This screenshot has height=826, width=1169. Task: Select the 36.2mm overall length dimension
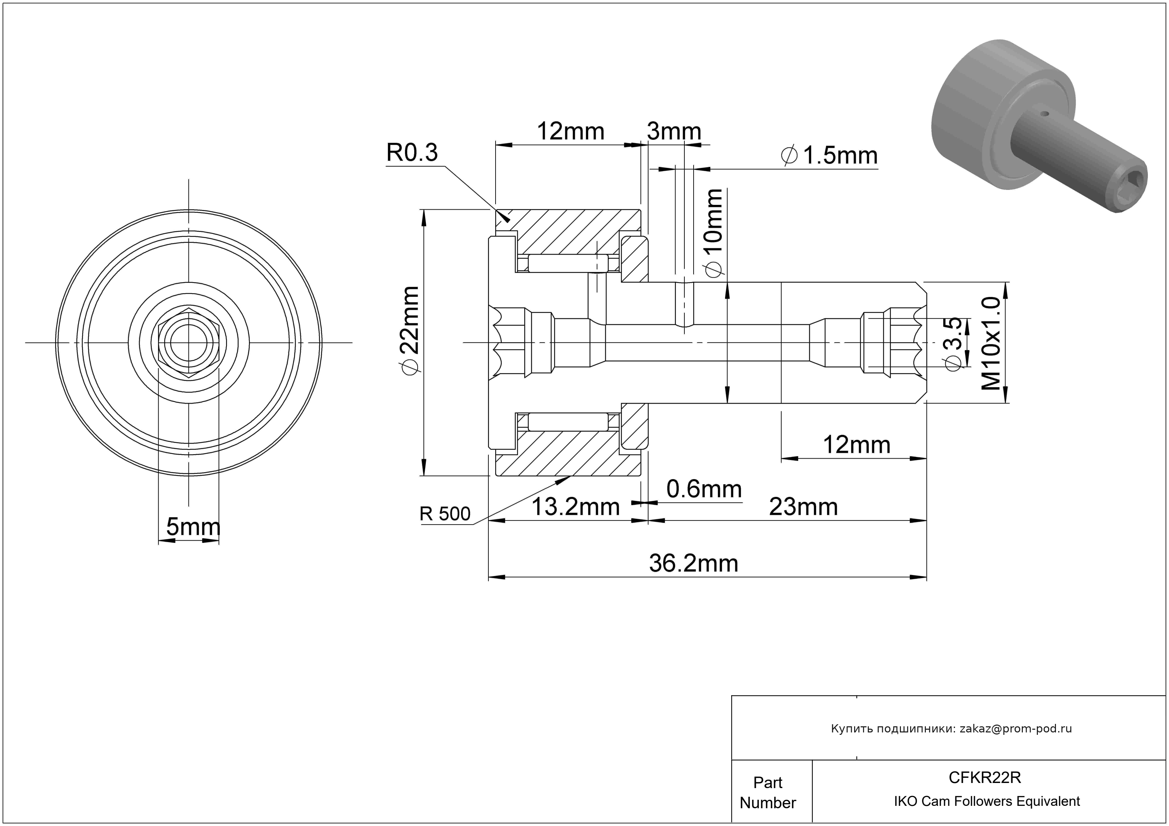click(x=694, y=564)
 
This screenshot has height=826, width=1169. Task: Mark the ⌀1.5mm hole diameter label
click(x=830, y=156)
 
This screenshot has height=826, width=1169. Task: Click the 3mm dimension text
click(x=673, y=131)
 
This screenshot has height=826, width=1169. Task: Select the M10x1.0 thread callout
click(x=991, y=344)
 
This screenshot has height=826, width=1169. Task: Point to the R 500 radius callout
click(x=445, y=514)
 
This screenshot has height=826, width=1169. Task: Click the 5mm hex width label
click(x=193, y=527)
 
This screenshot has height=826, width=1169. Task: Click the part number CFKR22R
click(x=985, y=778)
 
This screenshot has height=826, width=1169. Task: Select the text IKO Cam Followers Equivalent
click(x=987, y=801)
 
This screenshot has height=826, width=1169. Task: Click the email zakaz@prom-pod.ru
click(x=1015, y=729)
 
